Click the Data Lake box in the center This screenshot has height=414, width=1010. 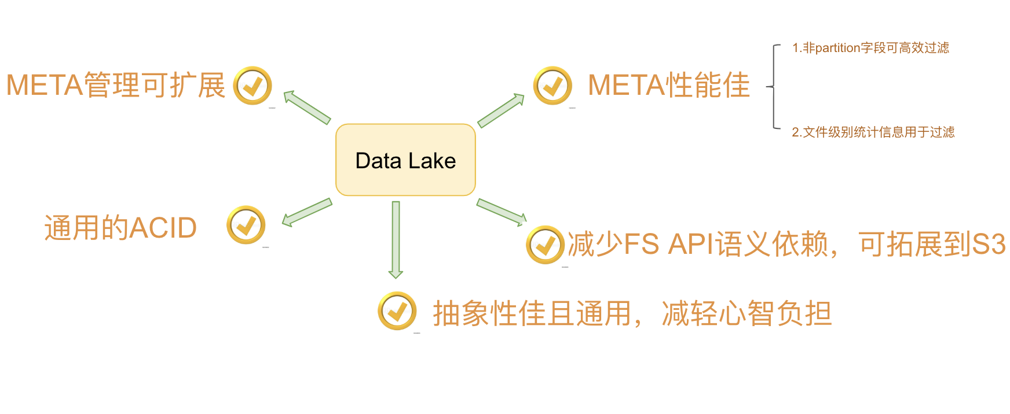coord(405,160)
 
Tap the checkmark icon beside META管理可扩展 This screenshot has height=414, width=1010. coord(253,86)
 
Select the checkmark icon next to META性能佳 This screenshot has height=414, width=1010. coord(552,86)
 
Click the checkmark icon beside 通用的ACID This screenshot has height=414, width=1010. coord(246,225)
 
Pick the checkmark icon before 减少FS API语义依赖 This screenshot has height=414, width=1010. coord(545,245)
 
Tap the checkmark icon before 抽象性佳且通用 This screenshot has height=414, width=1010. coord(397,311)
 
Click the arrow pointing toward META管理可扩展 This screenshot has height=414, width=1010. coord(307,107)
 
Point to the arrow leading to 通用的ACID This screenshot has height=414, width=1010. coord(307,212)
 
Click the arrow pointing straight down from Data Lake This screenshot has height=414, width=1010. coord(396,239)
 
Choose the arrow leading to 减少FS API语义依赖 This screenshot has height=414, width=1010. coord(502,212)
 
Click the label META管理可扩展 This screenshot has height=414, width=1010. coord(116,86)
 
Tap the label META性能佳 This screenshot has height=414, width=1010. coord(669,86)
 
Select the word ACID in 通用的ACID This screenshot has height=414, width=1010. coord(163,228)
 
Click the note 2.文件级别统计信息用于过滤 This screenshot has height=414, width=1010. coord(873,132)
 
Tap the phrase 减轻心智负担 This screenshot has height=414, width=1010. coord(746,314)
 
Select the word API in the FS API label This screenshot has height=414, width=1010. coord(691,245)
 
